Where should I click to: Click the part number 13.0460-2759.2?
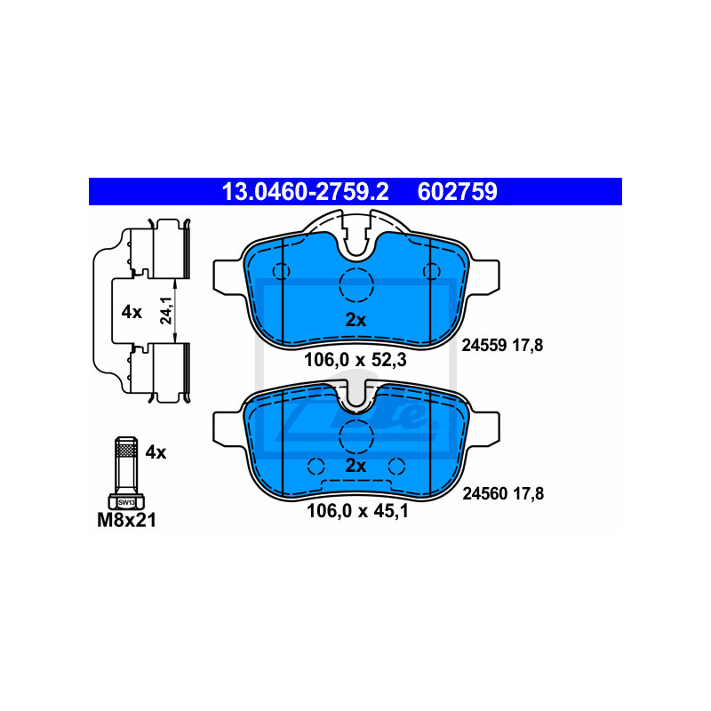305,191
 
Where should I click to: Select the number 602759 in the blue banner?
457,191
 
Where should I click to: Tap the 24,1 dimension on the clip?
166,310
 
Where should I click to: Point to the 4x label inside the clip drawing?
132,312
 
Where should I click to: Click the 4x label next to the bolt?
156,452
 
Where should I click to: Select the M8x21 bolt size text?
126,520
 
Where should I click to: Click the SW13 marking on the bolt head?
126,502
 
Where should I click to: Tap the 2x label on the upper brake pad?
355,320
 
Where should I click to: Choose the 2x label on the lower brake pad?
355,466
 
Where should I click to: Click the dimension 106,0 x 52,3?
355,360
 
